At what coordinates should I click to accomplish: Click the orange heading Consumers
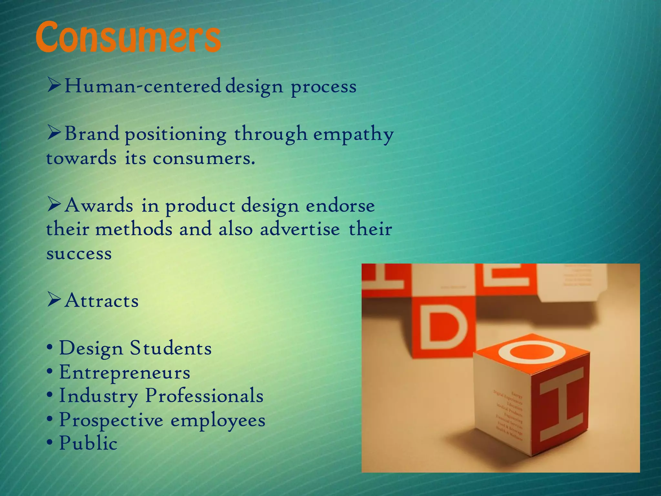tap(128, 37)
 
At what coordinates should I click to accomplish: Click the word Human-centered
tap(142, 87)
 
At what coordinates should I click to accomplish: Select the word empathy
tap(353, 134)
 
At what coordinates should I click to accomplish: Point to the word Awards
tap(99, 205)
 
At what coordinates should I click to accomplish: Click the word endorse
tap(340, 206)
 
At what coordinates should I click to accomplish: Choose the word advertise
tap(300, 229)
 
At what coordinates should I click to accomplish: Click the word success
tap(79, 253)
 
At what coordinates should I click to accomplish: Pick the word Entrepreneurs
tap(125, 373)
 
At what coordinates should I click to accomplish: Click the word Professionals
tap(204, 396)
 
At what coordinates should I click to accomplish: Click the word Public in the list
tap(88, 443)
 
